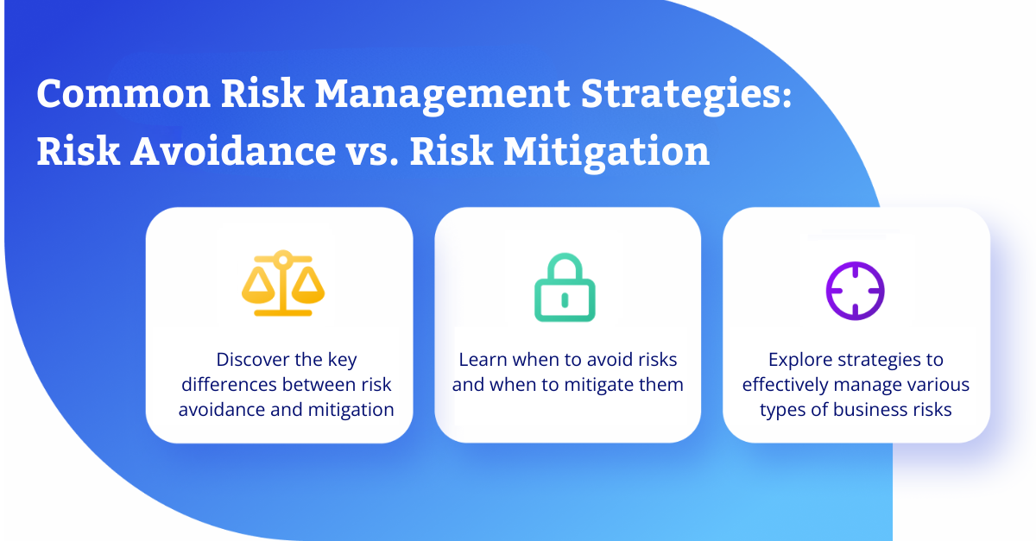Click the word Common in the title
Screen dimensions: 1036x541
click(x=123, y=94)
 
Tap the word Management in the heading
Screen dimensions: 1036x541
click(x=442, y=96)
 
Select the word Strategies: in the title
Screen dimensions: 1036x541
click(x=685, y=96)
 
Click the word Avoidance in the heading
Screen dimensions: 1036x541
click(x=233, y=151)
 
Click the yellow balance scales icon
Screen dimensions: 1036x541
click(x=283, y=283)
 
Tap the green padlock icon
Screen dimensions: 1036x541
click(x=565, y=287)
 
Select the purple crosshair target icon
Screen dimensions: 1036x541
click(x=856, y=291)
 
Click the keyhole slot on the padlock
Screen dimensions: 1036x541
click(x=565, y=300)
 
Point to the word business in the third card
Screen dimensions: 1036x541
click(x=869, y=410)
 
